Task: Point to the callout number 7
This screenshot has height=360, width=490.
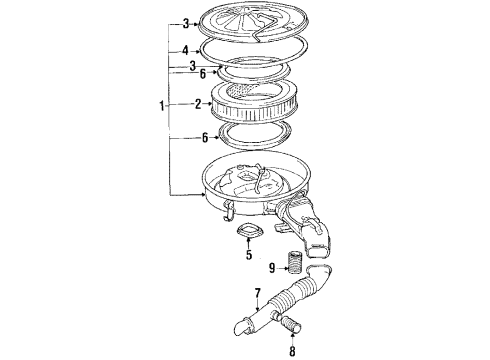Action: coord(258,294)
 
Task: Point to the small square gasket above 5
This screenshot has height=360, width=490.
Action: coord(249,235)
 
